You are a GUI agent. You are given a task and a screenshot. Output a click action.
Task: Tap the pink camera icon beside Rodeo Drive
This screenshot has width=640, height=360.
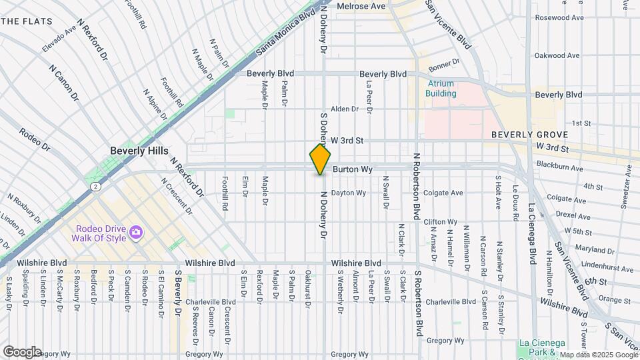tap(137, 232)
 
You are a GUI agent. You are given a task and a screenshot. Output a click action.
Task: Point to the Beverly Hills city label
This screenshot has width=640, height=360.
tap(139, 151)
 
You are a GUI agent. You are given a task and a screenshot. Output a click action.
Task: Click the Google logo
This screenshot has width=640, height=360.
tap(22, 351)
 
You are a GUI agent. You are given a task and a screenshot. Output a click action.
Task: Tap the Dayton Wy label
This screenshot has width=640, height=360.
tap(349, 193)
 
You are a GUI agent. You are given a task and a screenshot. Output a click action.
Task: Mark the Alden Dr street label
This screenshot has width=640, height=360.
tap(345, 109)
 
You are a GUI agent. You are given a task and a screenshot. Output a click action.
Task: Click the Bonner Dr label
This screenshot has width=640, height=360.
tap(444, 65)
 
